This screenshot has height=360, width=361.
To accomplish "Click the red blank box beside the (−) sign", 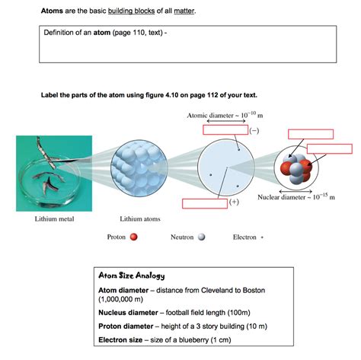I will (x=225, y=130).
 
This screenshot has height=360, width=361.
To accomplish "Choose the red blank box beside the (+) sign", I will (x=205, y=203).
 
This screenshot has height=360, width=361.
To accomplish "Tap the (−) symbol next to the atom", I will (x=254, y=131).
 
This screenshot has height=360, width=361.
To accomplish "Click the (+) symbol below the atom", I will (x=233, y=202).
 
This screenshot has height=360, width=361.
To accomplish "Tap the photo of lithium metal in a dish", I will (x=49, y=174).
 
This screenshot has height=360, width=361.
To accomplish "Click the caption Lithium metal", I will (x=53, y=218).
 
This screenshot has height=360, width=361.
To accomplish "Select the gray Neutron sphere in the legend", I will (x=202, y=237).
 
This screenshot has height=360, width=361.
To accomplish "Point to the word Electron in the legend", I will (x=244, y=237).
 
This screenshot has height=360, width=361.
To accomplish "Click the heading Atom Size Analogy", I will (x=132, y=276).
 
